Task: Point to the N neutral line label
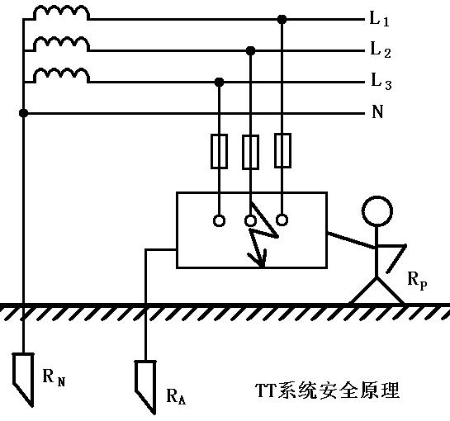point(377,112)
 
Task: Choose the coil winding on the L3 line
point(61,76)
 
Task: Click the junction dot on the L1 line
point(282,18)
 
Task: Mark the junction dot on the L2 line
point(251,50)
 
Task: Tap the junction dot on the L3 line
point(220,82)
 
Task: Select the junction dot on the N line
point(24,112)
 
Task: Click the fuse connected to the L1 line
point(282,152)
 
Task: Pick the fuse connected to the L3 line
point(220,152)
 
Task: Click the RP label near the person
point(417,280)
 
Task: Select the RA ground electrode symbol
point(145,381)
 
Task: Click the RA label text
point(176,396)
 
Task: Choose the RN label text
point(53,379)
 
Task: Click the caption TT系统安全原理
point(328,390)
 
